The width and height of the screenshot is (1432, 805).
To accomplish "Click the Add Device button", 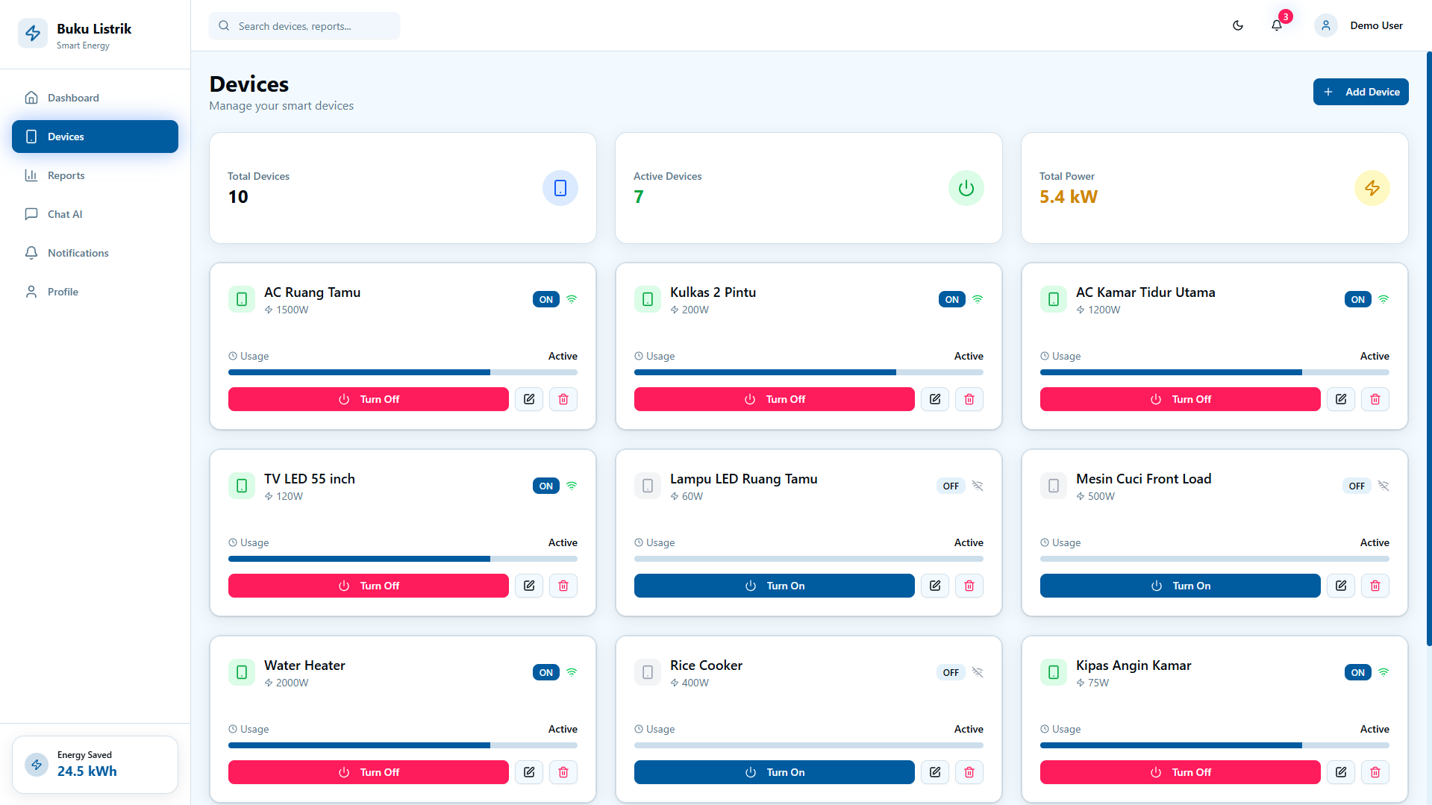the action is click(1360, 92).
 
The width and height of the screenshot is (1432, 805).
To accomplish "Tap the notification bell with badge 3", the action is click(1278, 25).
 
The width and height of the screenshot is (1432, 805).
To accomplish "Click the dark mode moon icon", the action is click(1238, 25).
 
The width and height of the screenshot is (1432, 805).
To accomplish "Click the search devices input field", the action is click(304, 26).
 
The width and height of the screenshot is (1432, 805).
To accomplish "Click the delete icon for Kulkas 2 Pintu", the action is click(969, 399).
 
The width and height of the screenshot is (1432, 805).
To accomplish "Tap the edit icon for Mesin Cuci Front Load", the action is click(1341, 586).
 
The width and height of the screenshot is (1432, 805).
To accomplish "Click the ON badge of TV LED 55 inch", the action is click(546, 486).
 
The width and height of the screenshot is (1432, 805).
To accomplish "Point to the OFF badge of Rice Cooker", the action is click(951, 672).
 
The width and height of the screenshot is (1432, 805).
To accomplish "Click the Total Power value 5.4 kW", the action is click(1069, 197).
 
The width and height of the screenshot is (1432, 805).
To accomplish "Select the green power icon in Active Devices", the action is click(966, 188).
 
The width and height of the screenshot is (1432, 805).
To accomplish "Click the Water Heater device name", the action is click(304, 665).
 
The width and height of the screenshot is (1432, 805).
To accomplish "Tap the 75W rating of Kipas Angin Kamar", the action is click(1098, 683).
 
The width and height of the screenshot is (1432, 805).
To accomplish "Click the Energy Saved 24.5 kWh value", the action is click(87, 771).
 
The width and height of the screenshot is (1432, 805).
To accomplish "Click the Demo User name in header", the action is click(1376, 25).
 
